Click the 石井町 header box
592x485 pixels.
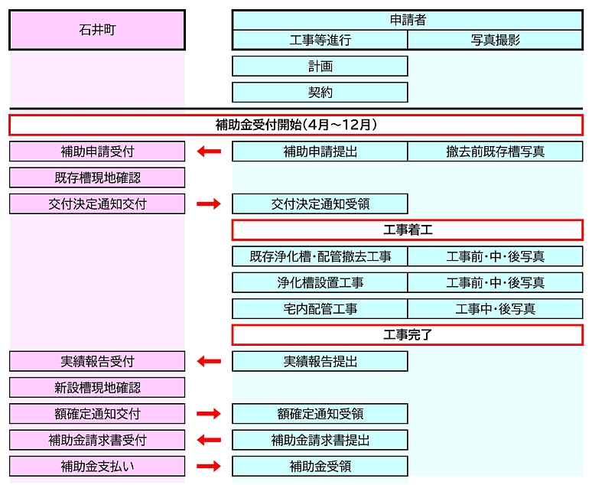(x=97, y=30)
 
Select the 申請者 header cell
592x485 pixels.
(x=407, y=20)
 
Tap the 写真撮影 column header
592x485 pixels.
(x=495, y=40)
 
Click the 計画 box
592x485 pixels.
(x=320, y=67)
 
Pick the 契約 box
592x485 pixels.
(x=320, y=93)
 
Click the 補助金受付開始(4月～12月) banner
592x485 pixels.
(x=296, y=125)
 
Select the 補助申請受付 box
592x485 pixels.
(x=97, y=151)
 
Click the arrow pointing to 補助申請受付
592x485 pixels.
(x=208, y=151)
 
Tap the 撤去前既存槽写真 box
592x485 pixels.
(x=495, y=151)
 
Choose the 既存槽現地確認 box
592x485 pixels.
(x=97, y=177)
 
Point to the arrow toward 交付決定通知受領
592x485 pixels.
(x=208, y=203)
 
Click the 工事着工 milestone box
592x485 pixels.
(x=407, y=230)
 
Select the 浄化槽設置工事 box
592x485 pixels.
(x=320, y=282)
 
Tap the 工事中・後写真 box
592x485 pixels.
(x=495, y=309)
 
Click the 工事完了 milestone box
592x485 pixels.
(x=407, y=335)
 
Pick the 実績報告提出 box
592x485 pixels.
(x=320, y=361)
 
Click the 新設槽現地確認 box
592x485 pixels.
(x=97, y=388)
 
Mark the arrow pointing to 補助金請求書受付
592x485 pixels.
(x=208, y=440)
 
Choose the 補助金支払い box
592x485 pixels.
(x=97, y=466)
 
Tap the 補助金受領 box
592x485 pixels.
(x=320, y=466)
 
